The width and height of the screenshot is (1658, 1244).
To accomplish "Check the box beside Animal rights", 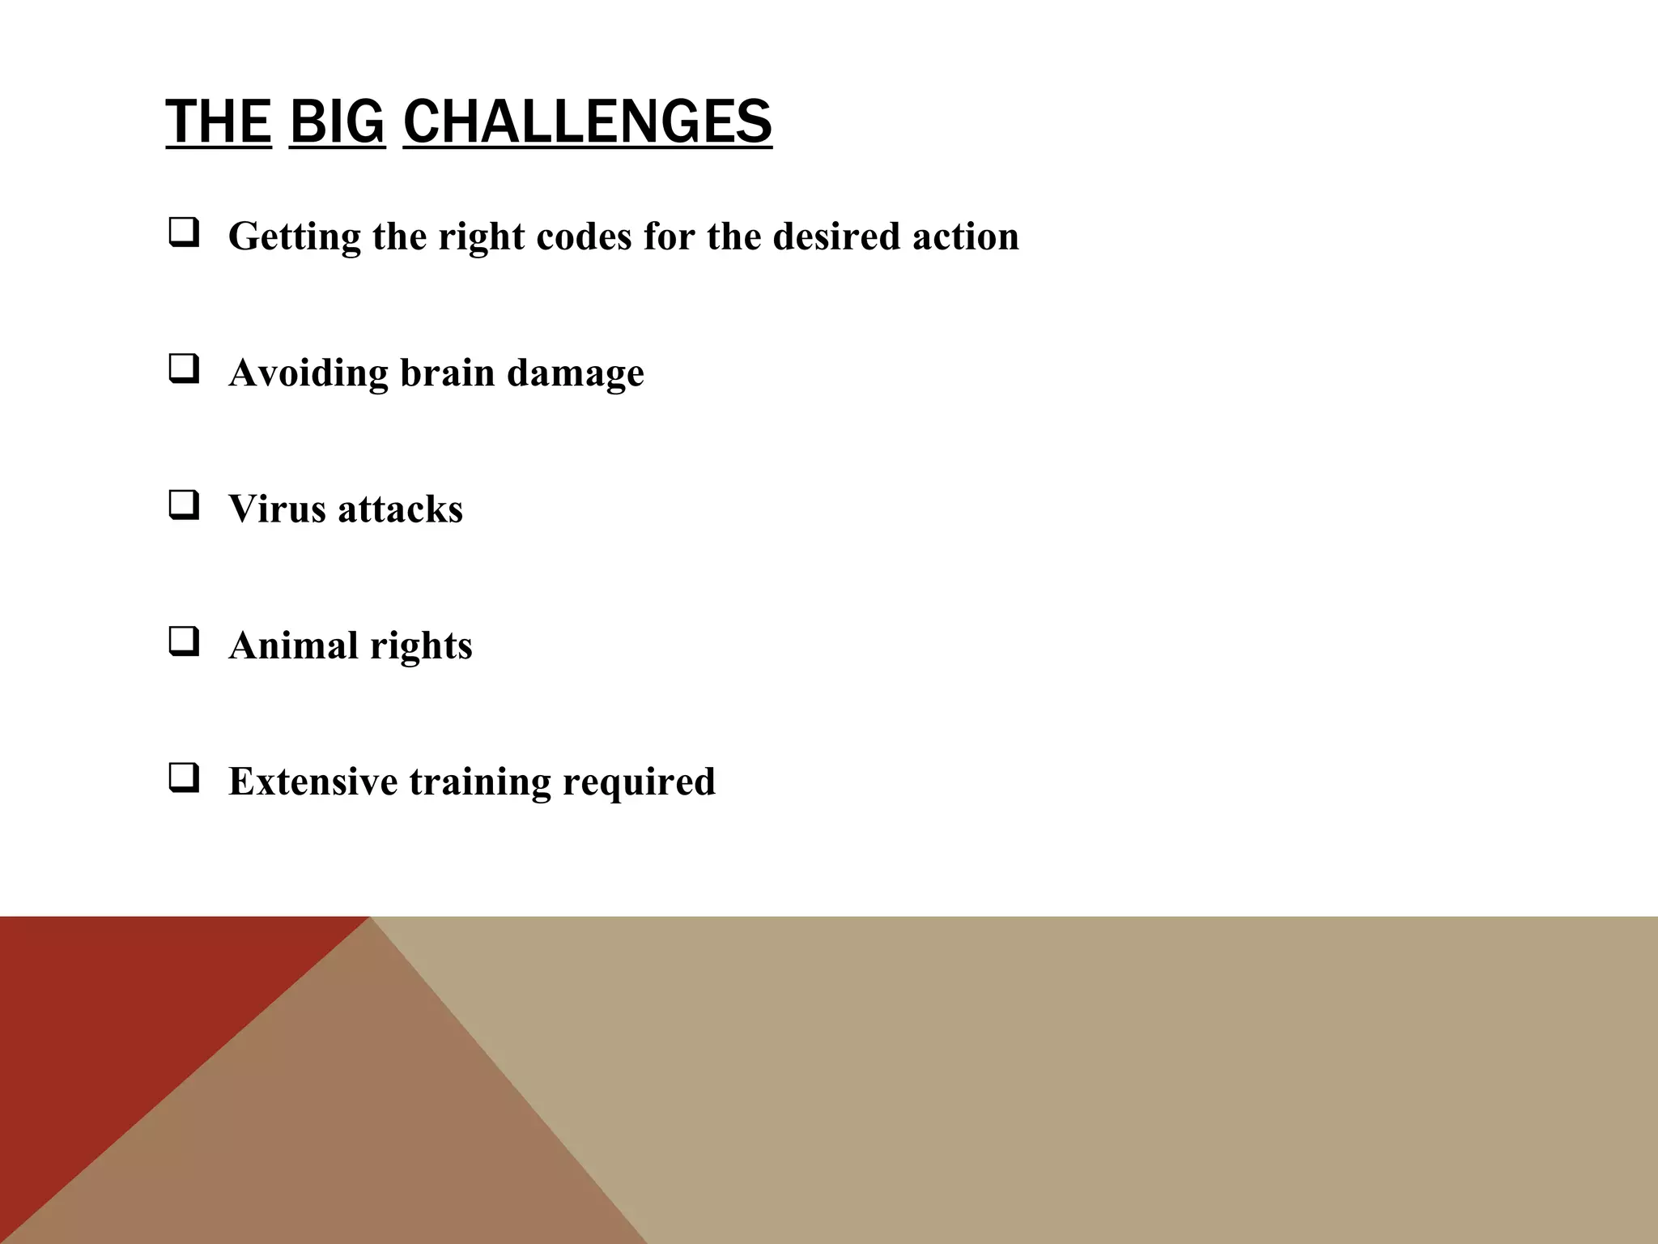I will tap(184, 642).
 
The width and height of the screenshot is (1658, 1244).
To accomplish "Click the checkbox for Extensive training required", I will tap(184, 778).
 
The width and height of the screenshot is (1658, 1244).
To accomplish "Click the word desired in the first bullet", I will tap(837, 236).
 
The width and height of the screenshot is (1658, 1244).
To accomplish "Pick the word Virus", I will tap(277, 509).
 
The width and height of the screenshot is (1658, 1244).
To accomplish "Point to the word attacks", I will tap(400, 509).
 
